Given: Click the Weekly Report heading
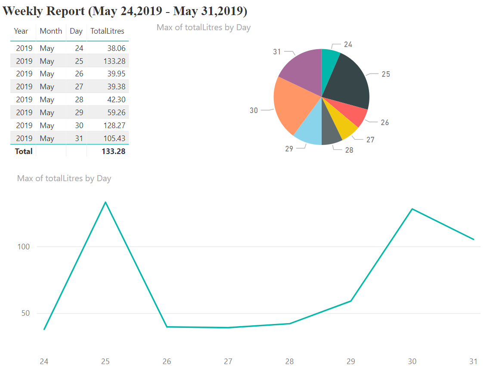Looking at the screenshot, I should (x=125, y=11).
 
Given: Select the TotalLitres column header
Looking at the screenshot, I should (x=107, y=31).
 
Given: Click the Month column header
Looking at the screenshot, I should (x=51, y=31).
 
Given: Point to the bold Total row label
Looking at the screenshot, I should (x=24, y=151).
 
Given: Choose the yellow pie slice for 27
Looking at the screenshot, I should (x=347, y=125).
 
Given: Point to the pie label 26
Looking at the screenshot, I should (x=385, y=123).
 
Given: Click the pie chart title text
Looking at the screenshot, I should (x=204, y=28).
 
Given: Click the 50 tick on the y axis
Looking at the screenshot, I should (x=25, y=313).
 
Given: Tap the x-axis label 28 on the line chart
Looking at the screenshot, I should (x=289, y=362).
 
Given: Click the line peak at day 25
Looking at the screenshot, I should (x=105, y=202).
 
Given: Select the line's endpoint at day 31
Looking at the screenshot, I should (x=474, y=239).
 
